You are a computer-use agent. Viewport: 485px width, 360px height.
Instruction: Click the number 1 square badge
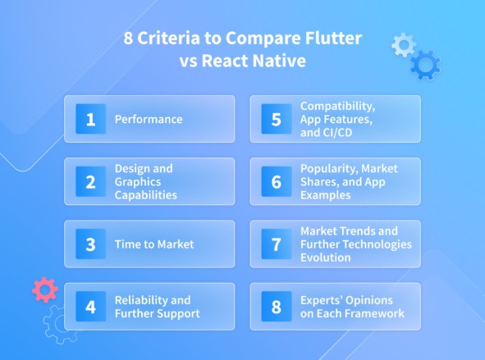pyautogui.click(x=90, y=119)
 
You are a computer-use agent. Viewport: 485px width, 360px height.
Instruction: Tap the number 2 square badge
pyautogui.click(x=90, y=182)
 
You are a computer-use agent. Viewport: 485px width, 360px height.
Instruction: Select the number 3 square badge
pyautogui.click(x=90, y=244)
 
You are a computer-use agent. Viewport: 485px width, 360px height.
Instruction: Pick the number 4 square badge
pyautogui.click(x=90, y=307)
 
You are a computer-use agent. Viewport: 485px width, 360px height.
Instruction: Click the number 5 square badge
pyautogui.click(x=277, y=119)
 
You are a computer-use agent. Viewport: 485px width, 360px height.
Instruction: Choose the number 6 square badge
pyautogui.click(x=277, y=182)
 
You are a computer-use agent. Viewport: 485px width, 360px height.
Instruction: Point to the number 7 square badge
pyautogui.click(x=277, y=244)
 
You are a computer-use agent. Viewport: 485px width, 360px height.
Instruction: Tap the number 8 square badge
pyautogui.click(x=277, y=307)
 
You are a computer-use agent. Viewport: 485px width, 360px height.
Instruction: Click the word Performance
pyautogui.click(x=149, y=120)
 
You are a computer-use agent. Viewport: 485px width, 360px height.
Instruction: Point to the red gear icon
pyautogui.click(x=44, y=289)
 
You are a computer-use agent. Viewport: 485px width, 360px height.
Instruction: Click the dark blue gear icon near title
pyautogui.click(x=424, y=64)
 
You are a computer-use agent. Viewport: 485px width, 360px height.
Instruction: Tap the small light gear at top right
pyautogui.click(x=403, y=44)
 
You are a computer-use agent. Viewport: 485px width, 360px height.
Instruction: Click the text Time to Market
pyautogui.click(x=153, y=244)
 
